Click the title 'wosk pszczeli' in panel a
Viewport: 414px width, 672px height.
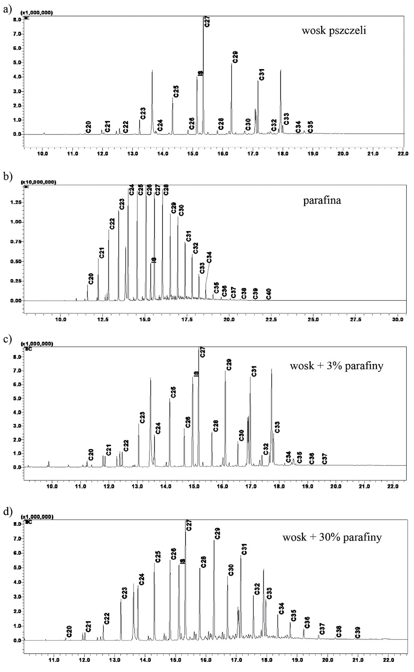tap(334, 31)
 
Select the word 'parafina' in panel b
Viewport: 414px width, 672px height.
tap(322, 200)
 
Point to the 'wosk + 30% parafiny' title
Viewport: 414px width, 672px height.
tap(332, 537)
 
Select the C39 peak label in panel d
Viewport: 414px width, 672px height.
tap(358, 632)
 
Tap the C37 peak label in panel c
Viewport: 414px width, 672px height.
tap(324, 459)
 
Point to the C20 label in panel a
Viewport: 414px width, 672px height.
tap(88, 127)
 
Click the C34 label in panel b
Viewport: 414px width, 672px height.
tap(209, 257)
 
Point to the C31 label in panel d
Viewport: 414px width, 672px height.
tap(244, 549)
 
